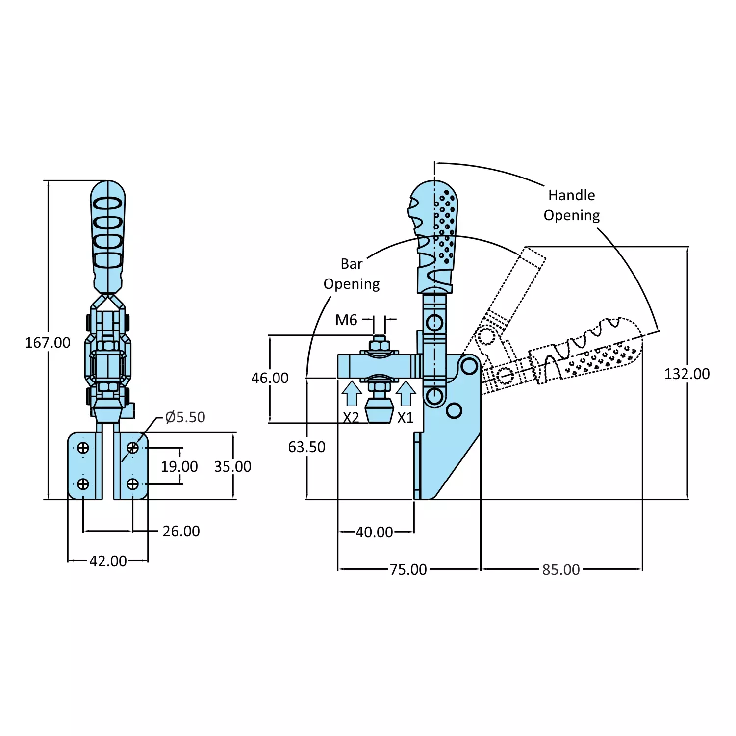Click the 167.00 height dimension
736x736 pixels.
48,343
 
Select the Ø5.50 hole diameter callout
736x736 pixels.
185,417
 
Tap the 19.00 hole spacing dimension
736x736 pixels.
179,466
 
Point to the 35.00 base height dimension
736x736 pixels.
232,466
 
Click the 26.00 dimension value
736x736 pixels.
181,532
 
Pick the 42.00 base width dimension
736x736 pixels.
108,561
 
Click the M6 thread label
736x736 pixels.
346,320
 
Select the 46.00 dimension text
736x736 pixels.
270,378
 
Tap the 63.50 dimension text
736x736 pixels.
306,447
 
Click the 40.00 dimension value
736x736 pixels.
374,532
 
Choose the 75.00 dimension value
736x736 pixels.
408,570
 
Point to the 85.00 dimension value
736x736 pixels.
561,570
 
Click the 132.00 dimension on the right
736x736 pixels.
686,374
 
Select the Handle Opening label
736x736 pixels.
572,205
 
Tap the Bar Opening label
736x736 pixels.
352,274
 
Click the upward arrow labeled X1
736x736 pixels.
406,393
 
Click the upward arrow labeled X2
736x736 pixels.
352,393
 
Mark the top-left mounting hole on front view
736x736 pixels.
83,448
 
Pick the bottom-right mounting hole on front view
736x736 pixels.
132,484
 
